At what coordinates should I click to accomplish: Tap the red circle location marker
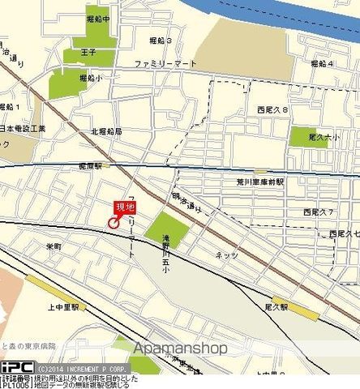[113, 223]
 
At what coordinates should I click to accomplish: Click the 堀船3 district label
[160, 40]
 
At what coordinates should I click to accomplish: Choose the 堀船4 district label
[322, 62]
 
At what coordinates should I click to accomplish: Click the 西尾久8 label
[272, 109]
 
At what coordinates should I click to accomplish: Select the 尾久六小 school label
[324, 139]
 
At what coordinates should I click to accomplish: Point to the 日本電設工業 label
[24, 128]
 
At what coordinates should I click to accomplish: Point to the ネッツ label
[226, 255]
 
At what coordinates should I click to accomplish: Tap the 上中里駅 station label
[63, 308]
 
